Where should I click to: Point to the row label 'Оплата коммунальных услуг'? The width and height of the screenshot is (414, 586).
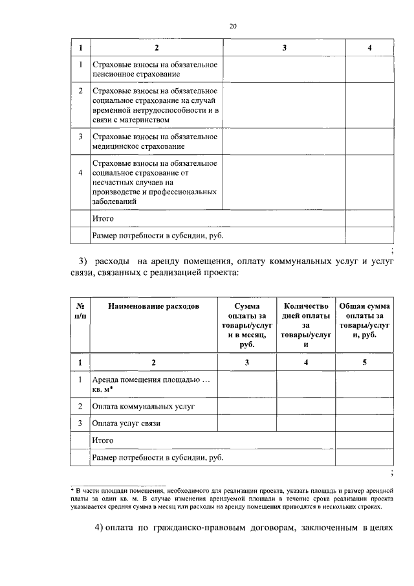point(144,407)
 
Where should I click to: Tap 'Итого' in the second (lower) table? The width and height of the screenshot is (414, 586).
point(103,440)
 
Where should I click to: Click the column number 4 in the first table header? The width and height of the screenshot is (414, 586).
point(369,48)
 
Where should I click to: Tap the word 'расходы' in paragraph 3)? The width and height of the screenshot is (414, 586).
point(113,261)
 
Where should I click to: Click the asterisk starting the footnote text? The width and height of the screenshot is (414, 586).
point(72,490)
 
